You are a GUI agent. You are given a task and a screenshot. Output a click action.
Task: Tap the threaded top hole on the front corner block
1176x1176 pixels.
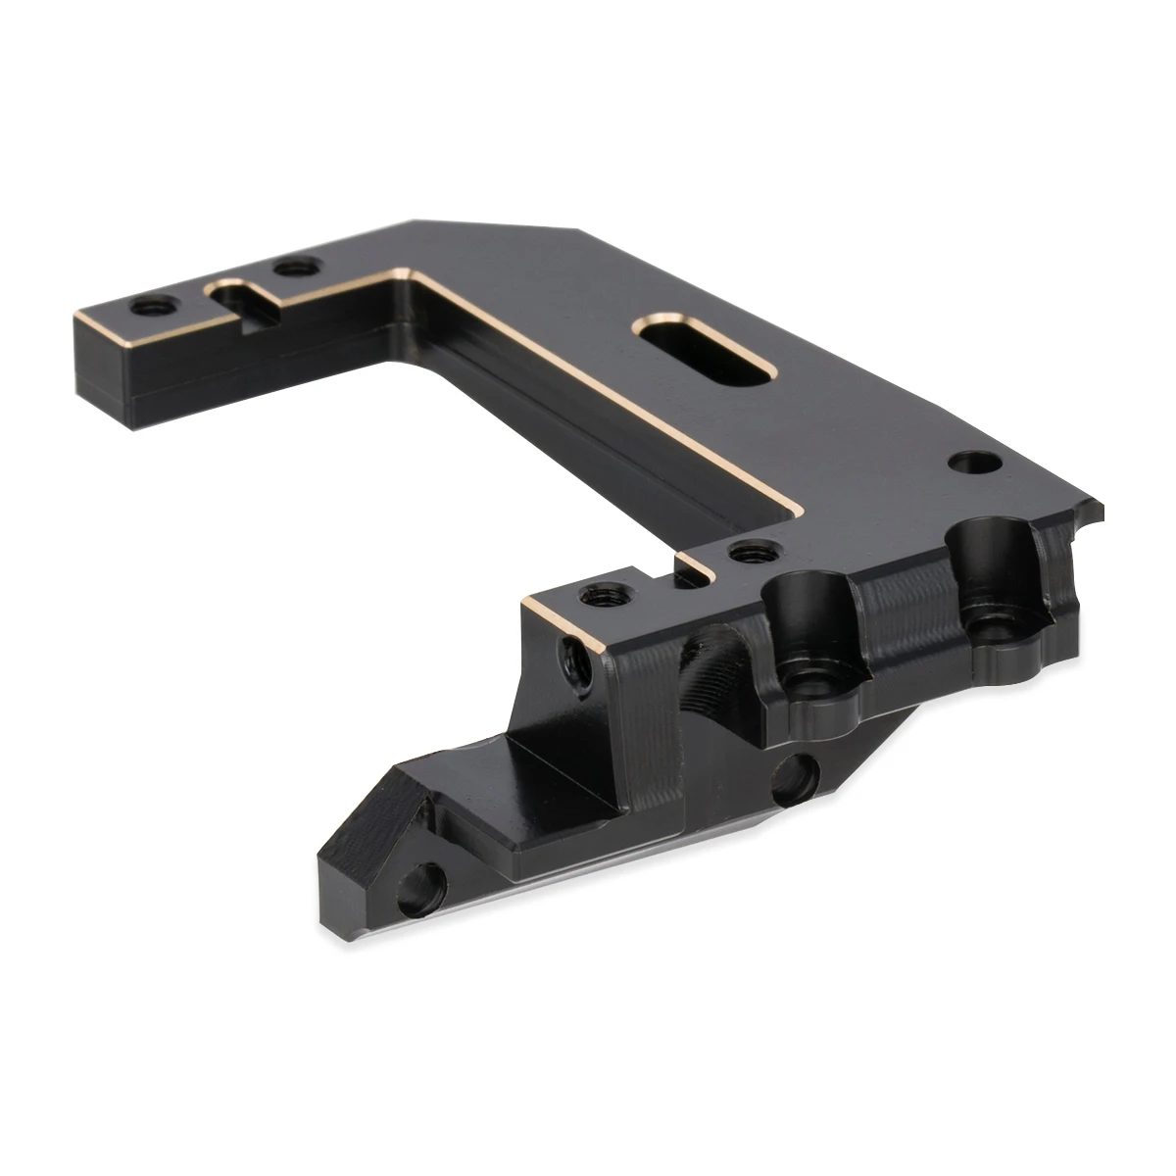click(x=595, y=595)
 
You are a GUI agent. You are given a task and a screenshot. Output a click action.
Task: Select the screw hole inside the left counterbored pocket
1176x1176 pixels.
click(x=810, y=682)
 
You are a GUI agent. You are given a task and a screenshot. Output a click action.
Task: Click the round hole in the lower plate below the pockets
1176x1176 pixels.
click(x=792, y=781)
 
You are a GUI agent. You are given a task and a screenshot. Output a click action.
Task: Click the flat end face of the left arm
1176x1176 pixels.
click(x=102, y=372)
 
